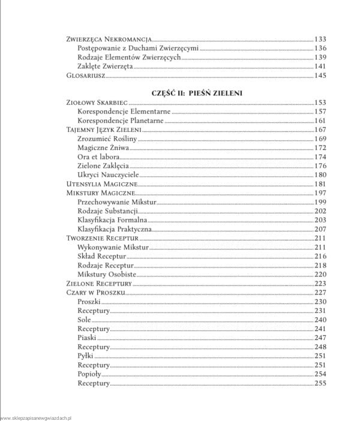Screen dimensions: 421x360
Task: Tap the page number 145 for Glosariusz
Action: pos(320,76)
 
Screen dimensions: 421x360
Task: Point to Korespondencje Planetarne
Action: pos(121,121)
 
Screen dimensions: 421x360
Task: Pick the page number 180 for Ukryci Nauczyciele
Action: pos(320,175)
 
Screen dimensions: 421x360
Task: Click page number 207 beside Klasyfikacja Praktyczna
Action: pos(320,229)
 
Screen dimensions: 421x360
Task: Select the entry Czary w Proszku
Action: pos(95,292)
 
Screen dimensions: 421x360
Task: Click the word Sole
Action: pos(84,320)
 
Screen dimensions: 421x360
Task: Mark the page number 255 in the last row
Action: pos(320,383)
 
